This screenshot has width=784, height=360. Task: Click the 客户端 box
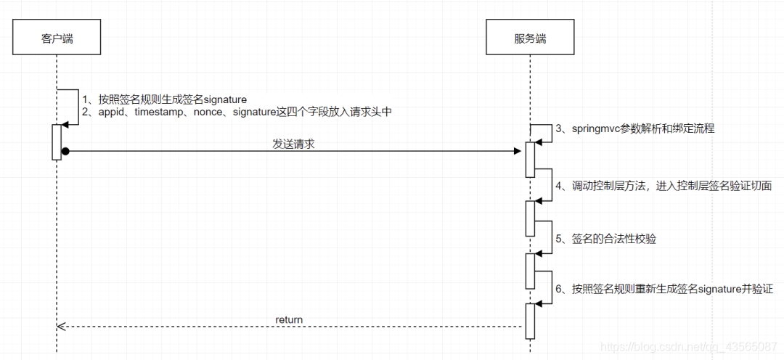57,38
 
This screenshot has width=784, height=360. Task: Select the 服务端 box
530,38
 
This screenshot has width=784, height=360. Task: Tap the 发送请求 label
293,144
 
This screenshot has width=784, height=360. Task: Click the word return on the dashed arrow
289,319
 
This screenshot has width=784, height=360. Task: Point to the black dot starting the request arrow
65,151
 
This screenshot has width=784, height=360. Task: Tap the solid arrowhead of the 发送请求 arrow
517,151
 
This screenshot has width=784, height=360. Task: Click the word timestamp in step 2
159,112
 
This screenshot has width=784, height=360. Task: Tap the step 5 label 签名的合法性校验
614,238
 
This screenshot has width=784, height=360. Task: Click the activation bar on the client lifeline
57,142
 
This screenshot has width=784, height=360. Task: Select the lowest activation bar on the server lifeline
530,321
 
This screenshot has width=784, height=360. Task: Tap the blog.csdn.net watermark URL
689,348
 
